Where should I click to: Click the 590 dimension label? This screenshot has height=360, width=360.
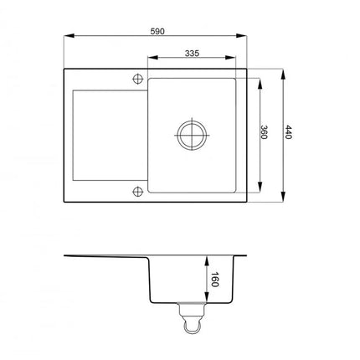click(157, 31)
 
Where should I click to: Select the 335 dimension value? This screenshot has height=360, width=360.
click(192, 53)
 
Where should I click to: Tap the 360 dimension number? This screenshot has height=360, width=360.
click(264, 132)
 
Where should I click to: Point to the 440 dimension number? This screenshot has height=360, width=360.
click(288, 132)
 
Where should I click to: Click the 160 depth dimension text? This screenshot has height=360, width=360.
click(214, 280)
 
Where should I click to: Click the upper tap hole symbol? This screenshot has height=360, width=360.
click(137, 79)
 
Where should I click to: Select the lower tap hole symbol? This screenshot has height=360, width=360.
click(137, 191)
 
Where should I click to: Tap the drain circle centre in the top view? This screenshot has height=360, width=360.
click(192, 135)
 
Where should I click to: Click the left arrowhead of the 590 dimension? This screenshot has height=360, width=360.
click(69, 36)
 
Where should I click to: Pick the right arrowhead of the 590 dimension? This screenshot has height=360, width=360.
click(241, 36)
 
